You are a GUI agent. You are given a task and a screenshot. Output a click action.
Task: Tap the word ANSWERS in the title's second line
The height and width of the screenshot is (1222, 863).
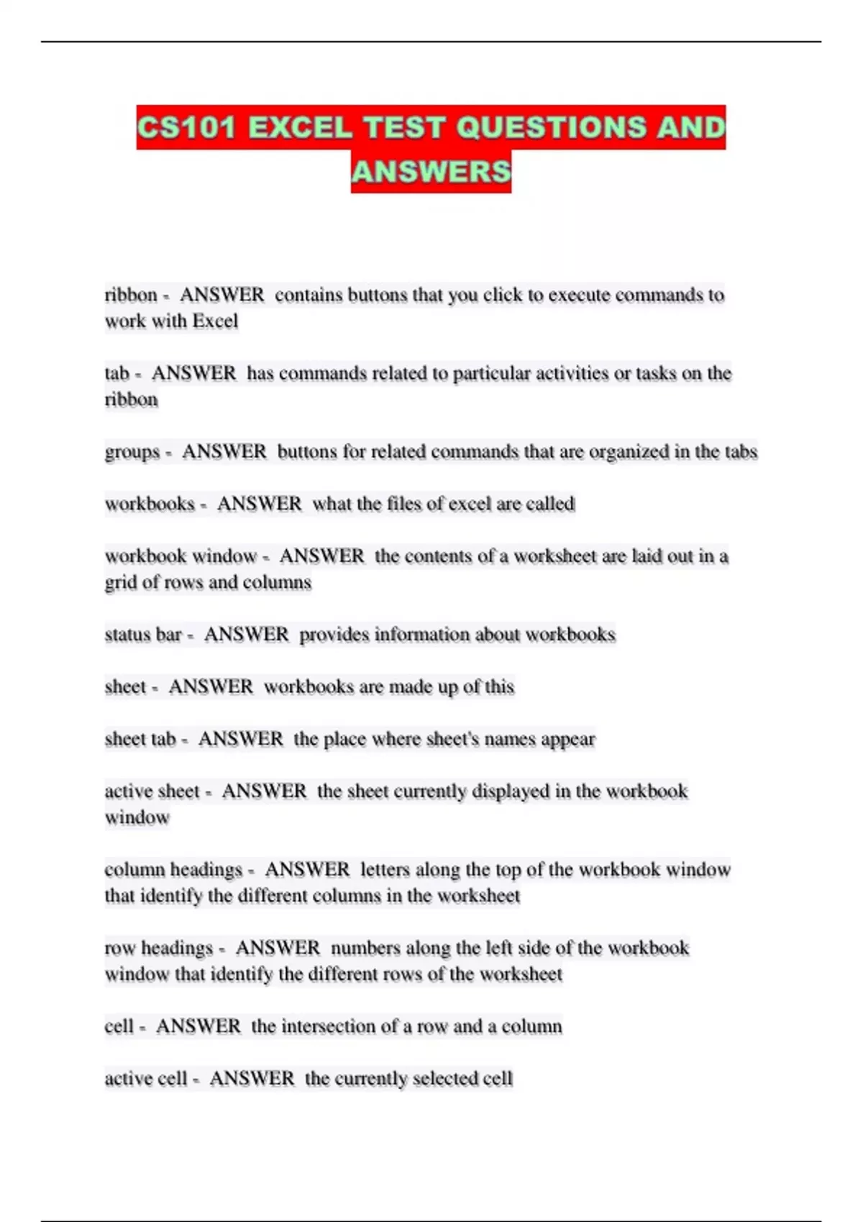click(x=431, y=172)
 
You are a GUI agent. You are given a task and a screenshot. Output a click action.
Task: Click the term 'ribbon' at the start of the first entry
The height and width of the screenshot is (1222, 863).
click(x=131, y=295)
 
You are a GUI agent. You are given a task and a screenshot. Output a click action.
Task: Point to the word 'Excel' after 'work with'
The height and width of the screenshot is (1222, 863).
click(x=215, y=321)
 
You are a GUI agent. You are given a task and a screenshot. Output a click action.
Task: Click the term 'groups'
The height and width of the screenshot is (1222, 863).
click(x=132, y=453)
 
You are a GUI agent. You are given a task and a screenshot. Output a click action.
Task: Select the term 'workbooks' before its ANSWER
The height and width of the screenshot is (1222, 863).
click(x=150, y=504)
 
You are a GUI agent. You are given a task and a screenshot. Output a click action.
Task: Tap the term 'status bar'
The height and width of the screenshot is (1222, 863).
click(x=143, y=635)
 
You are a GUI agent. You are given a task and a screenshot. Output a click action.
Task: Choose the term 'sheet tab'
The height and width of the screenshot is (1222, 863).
click(x=140, y=740)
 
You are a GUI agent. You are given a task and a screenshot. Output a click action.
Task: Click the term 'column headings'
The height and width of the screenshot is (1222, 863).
click(x=173, y=870)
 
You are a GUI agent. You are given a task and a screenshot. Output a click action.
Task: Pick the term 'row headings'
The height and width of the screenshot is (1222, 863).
click(x=159, y=949)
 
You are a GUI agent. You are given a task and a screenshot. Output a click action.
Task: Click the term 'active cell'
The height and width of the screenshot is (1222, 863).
click(x=145, y=1079)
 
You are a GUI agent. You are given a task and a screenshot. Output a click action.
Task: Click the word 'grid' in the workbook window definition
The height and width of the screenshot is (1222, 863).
click(x=120, y=583)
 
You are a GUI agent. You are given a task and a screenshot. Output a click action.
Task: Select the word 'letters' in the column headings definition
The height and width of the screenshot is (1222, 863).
click(x=385, y=870)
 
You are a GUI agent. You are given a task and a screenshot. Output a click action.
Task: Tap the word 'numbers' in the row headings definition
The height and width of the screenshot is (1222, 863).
click(x=365, y=948)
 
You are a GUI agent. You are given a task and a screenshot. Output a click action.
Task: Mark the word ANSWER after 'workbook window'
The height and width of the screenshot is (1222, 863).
click(x=321, y=556)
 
